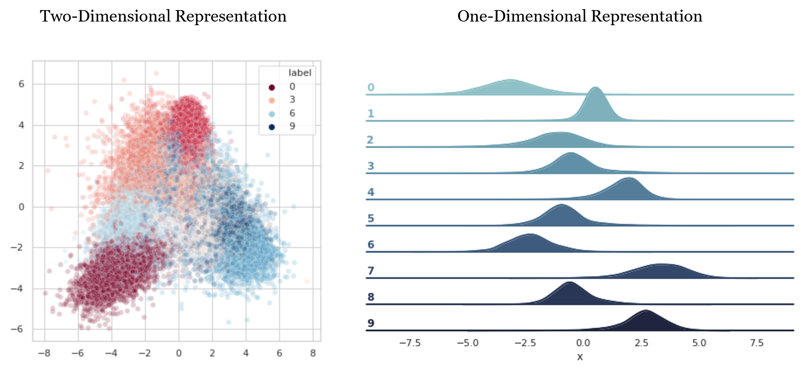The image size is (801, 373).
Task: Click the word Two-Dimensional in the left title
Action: pyautogui.click(x=105, y=16)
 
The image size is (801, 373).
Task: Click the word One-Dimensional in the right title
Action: pyautogui.click(x=522, y=16)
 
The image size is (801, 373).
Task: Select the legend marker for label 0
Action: pyautogui.click(x=272, y=87)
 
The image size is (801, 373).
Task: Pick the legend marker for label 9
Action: pyautogui.click(x=272, y=127)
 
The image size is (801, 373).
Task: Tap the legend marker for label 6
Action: pyautogui.click(x=272, y=114)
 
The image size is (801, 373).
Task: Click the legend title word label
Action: pyautogui.click(x=299, y=73)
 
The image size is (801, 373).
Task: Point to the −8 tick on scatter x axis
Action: pyautogui.click(x=44, y=353)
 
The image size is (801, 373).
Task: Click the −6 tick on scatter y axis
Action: pyautogui.click(x=17, y=329)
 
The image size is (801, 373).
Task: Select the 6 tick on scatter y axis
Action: pyautogui.click(x=21, y=84)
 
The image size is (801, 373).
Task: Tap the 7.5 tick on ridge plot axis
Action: pyautogui.click(x=757, y=343)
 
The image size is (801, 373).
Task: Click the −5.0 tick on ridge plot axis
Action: pyautogui.click(x=467, y=343)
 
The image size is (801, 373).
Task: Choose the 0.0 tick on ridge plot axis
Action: pyautogui.click(x=583, y=343)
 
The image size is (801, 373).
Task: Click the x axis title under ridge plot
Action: pyautogui.click(x=580, y=357)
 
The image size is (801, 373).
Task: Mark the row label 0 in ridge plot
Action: pyautogui.click(x=371, y=88)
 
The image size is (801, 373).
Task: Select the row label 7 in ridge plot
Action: pyautogui.click(x=371, y=271)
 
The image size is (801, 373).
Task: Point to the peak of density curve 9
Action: pyautogui.click(x=646, y=311)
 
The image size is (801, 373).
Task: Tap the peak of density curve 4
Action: pyautogui.click(x=629, y=179)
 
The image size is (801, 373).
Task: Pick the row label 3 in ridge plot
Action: pyautogui.click(x=371, y=166)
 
